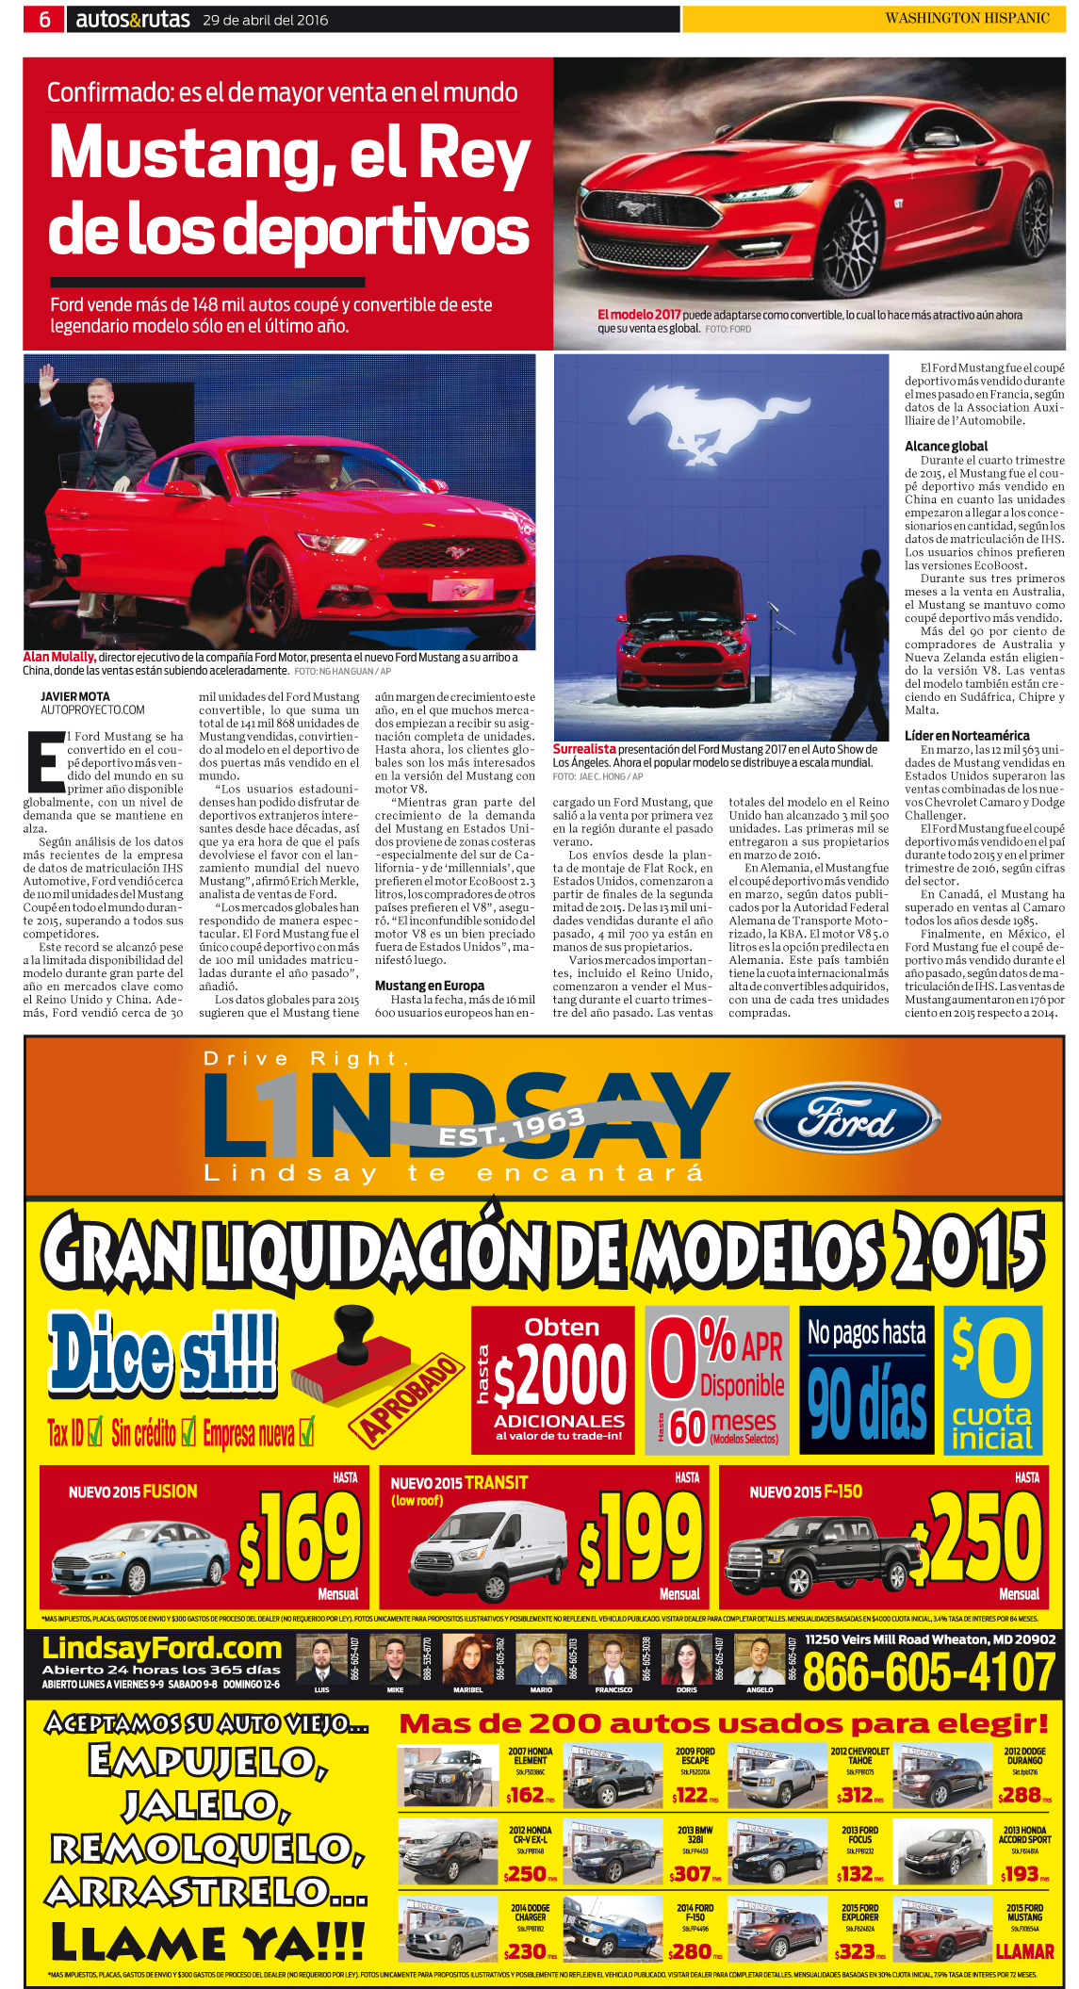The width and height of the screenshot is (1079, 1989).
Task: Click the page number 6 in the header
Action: pyautogui.click(x=44, y=19)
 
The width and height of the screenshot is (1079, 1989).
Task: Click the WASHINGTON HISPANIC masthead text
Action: pyautogui.click(x=967, y=18)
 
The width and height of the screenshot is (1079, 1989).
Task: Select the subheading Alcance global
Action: pyautogui.click(x=946, y=446)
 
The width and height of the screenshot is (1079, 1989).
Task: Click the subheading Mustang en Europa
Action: pyautogui.click(x=429, y=986)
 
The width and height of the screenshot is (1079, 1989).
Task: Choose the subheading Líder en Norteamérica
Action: pyautogui.click(x=967, y=735)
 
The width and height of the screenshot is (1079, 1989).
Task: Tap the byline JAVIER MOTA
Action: pyautogui.click(x=75, y=696)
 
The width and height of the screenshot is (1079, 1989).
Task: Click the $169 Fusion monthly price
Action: pyautogui.click(x=302, y=1540)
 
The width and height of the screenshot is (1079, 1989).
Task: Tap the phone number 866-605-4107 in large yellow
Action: pyautogui.click(x=928, y=1671)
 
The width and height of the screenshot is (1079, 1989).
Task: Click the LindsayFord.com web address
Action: pyautogui.click(x=162, y=1648)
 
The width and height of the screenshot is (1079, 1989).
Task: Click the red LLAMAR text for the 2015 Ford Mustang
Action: pyautogui.click(x=1024, y=1950)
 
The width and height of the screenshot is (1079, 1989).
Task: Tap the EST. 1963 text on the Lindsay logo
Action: pyautogui.click(x=512, y=1128)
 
